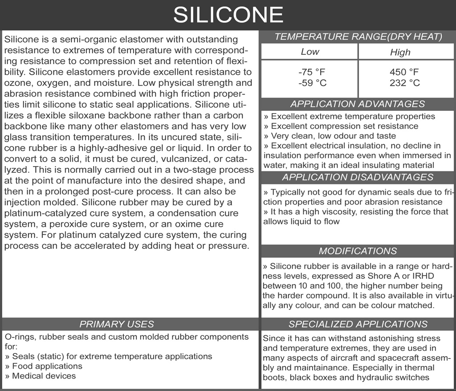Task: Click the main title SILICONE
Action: (x=228, y=15)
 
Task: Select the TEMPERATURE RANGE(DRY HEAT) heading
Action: (x=358, y=37)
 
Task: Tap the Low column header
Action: (x=309, y=52)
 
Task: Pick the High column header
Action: (x=400, y=52)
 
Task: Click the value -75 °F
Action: (x=309, y=72)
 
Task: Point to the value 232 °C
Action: (x=404, y=83)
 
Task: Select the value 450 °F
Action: (x=404, y=72)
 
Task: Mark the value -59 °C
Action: (x=309, y=83)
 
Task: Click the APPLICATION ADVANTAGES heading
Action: (x=358, y=104)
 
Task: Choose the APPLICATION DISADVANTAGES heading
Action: (x=358, y=177)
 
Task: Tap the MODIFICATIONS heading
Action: (x=358, y=251)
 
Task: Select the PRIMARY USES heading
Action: (x=116, y=324)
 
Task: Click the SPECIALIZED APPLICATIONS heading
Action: (x=358, y=324)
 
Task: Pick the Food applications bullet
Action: (x=47, y=366)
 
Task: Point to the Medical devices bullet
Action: (x=44, y=376)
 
